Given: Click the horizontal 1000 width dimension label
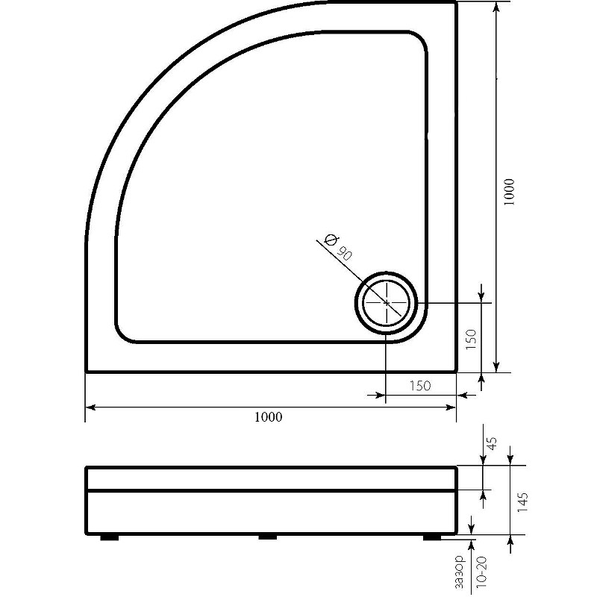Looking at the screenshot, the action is pos(269,417).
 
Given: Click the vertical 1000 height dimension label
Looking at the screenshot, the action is pos(509,193).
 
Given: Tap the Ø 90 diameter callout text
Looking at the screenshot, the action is pos(337,247).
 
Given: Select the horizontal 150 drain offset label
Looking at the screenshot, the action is pos(420,386).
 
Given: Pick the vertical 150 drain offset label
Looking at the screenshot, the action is pos(471,340).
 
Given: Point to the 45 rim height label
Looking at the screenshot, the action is pos(493,443).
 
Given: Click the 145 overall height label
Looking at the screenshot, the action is pos(523,502).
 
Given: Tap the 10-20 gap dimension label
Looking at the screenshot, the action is pos(481,572).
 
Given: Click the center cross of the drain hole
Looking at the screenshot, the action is pos(387,303).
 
